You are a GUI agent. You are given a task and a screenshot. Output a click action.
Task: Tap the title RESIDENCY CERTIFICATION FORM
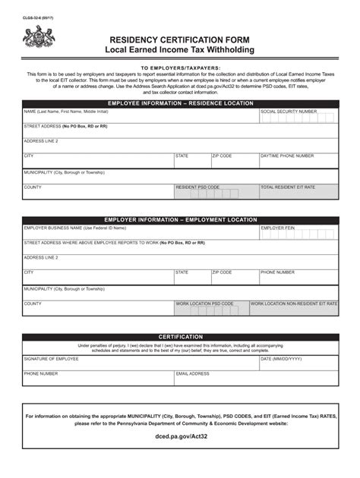click(x=180, y=38)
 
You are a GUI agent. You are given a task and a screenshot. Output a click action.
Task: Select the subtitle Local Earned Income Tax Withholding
click(x=180, y=49)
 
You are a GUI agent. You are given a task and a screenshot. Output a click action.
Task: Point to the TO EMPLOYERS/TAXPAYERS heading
click(x=180, y=67)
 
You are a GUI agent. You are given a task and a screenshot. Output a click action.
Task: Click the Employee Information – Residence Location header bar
click(x=180, y=101)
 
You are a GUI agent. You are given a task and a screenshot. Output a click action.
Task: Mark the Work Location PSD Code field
click(x=216, y=309)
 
